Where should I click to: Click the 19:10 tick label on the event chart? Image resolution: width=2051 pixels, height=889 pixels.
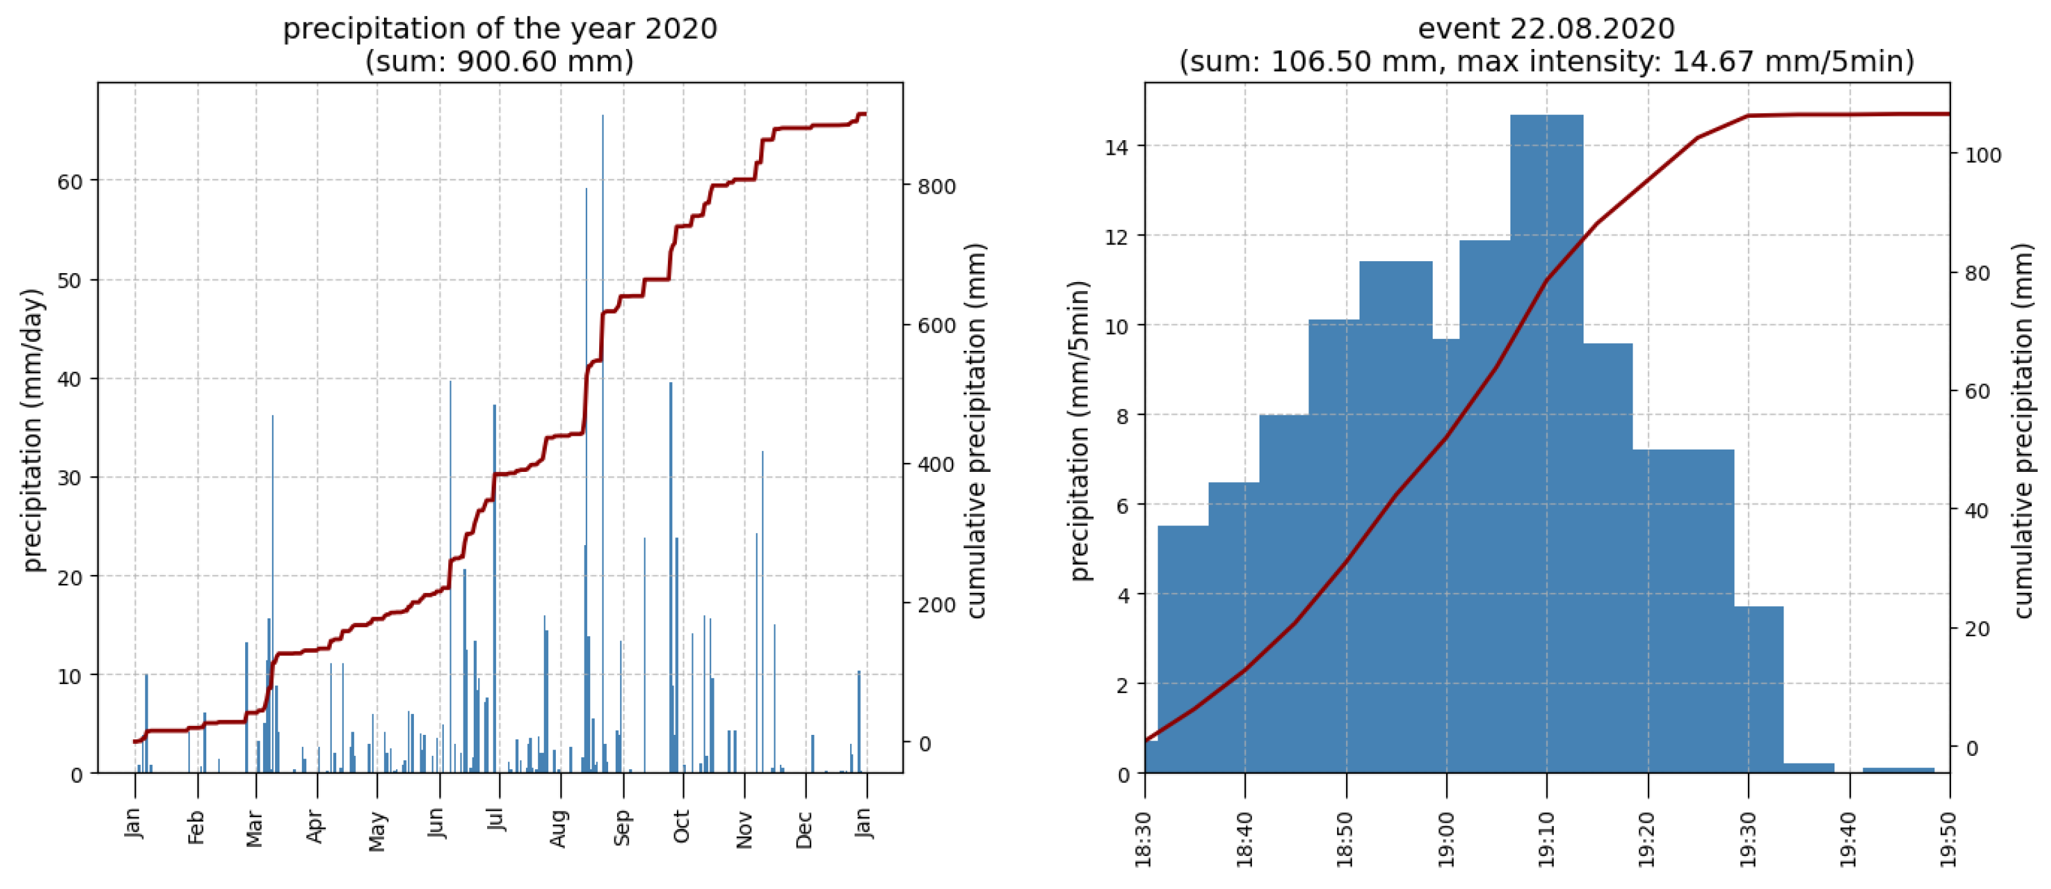[1547, 839]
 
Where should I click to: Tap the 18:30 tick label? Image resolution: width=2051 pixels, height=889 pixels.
[1145, 839]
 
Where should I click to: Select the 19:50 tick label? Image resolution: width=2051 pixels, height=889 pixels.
[1950, 839]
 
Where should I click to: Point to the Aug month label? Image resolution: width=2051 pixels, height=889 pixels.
[560, 829]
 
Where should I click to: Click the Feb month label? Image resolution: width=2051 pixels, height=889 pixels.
[197, 827]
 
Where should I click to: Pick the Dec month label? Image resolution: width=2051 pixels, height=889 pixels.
[805, 829]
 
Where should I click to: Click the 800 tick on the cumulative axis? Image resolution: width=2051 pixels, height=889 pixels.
[936, 187]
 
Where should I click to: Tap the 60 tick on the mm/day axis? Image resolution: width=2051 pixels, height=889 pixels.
[70, 181]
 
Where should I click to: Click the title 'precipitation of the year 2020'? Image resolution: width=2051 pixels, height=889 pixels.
[500, 29]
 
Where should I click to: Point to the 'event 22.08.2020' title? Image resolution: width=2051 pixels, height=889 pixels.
[1546, 29]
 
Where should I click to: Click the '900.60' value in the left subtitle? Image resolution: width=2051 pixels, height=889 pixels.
[500, 61]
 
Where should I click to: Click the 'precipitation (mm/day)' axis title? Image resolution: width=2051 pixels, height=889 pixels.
[32, 430]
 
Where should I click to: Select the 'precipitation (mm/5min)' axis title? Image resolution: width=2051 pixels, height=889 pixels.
[1080, 430]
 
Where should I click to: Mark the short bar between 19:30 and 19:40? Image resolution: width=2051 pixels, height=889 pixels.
[1808, 768]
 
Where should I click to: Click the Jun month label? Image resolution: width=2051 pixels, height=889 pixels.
[436, 825]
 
